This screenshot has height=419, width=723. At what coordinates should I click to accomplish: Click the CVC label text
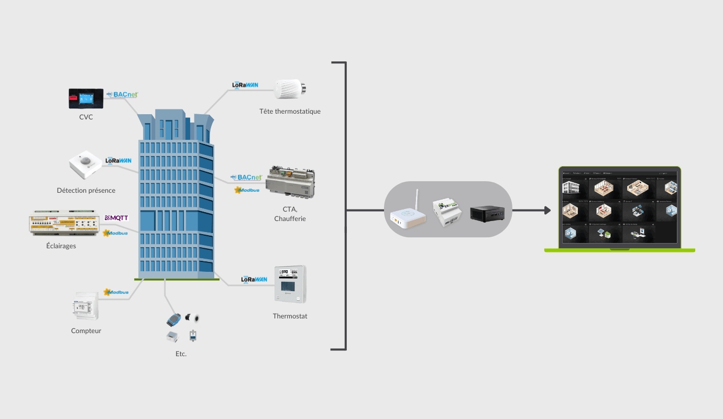86,117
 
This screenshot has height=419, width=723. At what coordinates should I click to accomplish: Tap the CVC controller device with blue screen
86,98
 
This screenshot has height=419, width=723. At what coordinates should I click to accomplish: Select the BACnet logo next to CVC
122,95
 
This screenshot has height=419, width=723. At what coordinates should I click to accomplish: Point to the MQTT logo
116,218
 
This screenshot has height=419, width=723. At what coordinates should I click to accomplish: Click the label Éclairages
61,246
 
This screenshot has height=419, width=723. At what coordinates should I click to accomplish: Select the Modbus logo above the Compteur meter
116,292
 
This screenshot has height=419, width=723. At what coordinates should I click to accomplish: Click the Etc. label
181,354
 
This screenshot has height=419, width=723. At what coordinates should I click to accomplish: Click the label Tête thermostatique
290,112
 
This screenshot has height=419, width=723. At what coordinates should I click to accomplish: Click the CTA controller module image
291,184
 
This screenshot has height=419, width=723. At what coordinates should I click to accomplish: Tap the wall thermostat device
290,284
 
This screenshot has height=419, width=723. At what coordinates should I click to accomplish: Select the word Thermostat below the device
290,316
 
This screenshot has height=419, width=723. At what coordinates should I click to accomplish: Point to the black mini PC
487,213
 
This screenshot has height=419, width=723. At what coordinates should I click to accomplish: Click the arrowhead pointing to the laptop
547,211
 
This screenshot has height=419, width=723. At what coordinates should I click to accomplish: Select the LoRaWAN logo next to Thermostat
254,280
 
